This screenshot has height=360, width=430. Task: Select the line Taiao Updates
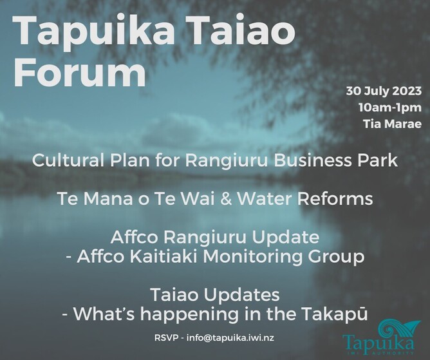[215, 295]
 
